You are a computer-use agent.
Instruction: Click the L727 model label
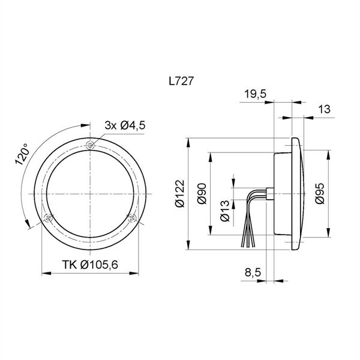click(181, 81)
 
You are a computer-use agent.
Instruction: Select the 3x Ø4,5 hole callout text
click(125, 125)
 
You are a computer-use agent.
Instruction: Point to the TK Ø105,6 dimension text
click(90, 265)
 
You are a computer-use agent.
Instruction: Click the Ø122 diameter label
click(180, 194)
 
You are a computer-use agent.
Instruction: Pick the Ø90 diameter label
click(202, 194)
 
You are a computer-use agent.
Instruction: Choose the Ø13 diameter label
click(225, 211)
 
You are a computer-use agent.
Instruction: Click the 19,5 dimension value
click(255, 94)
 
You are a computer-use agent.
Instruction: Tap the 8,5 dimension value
click(253, 272)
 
